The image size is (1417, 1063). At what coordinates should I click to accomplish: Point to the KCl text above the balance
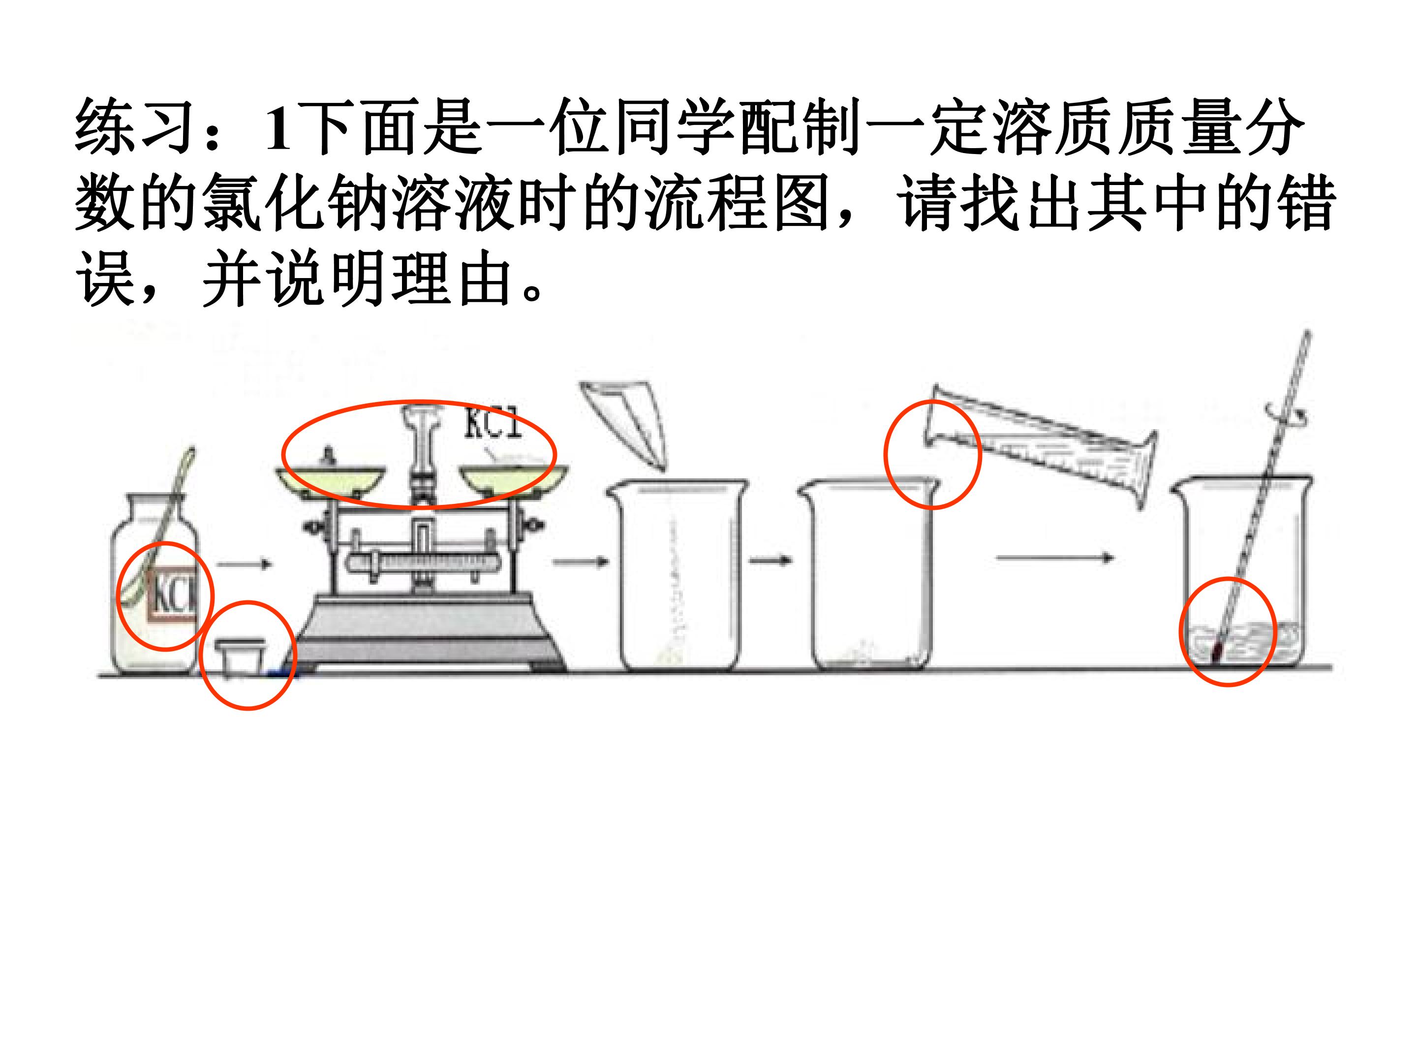pos(492,423)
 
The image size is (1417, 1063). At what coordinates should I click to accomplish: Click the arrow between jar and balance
pos(244,564)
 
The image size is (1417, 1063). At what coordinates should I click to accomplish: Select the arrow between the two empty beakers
pos(770,560)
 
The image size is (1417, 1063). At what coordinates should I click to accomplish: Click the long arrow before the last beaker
pos(1055,558)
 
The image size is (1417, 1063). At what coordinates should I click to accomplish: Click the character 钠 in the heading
pos(357,203)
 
